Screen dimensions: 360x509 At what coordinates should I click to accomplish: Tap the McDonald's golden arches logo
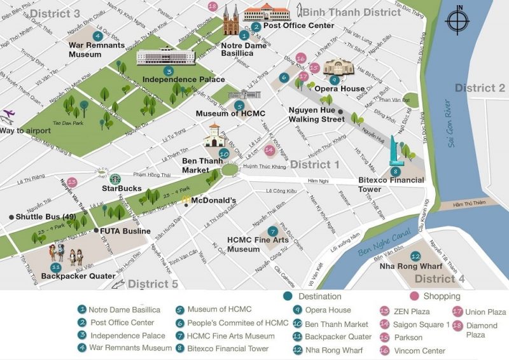click(185, 199)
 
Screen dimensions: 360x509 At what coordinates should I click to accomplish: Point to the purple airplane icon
click(8, 115)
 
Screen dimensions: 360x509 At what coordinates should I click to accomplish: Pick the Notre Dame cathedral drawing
click(230, 20)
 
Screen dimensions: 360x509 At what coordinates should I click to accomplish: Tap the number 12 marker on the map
click(415, 256)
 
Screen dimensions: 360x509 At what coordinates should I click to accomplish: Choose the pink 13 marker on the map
click(72, 182)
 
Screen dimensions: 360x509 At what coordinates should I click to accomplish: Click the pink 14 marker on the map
click(269, 151)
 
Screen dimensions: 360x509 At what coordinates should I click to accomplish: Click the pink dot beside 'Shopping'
click(414, 296)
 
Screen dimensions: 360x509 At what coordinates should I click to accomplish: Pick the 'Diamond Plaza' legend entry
click(483, 329)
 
